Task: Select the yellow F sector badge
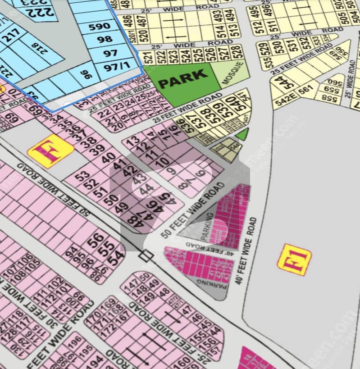tap(50, 151)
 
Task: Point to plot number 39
tap(96, 150)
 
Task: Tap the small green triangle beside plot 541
tap(243, 134)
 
